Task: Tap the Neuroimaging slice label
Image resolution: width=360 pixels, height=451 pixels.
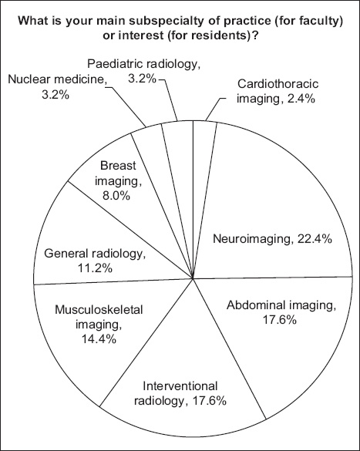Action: click(272, 239)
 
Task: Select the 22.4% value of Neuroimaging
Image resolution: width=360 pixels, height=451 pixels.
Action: click(315, 239)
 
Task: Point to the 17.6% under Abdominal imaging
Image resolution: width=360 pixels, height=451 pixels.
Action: click(280, 320)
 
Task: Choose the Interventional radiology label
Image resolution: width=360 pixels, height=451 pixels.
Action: click(180, 393)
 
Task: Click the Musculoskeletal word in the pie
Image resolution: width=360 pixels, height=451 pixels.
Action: click(99, 310)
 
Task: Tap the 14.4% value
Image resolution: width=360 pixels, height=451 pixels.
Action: click(99, 339)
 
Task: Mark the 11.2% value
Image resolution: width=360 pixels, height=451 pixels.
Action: click(95, 268)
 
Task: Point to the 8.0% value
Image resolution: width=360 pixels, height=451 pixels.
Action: click(116, 196)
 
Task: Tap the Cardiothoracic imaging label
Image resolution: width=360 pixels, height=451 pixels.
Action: click(278, 91)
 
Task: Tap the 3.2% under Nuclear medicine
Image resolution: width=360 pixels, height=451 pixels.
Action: click(56, 95)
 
